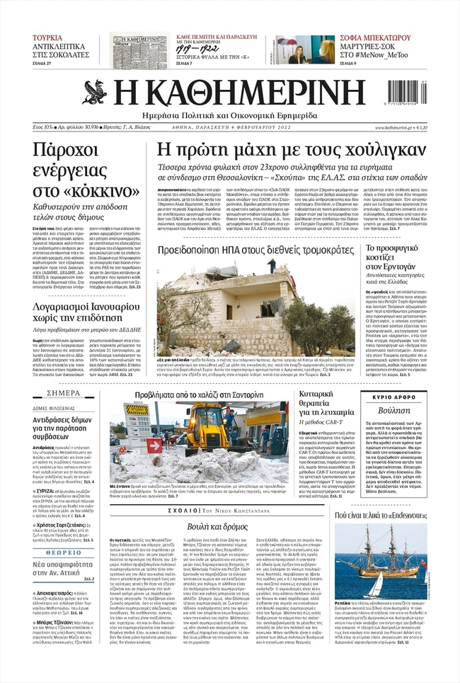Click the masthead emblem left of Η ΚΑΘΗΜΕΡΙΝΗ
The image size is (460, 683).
pos(95,92)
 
